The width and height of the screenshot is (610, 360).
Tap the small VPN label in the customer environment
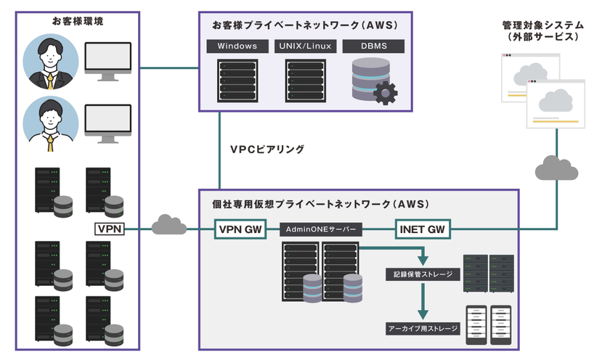pyautogui.click(x=110, y=229)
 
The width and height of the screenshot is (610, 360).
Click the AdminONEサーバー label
pyautogui.click(x=320, y=229)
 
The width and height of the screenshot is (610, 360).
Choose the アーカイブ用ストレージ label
pyautogui.click(x=423, y=329)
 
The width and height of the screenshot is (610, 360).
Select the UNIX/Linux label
pyautogui.click(x=304, y=46)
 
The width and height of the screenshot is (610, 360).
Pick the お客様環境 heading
pyautogui.click(x=78, y=22)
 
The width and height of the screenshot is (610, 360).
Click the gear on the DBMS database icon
pyautogui.click(x=384, y=92)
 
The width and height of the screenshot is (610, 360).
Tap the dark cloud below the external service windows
pyautogui.click(x=556, y=170)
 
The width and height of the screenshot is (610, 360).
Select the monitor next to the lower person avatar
pyautogui.click(x=108, y=122)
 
